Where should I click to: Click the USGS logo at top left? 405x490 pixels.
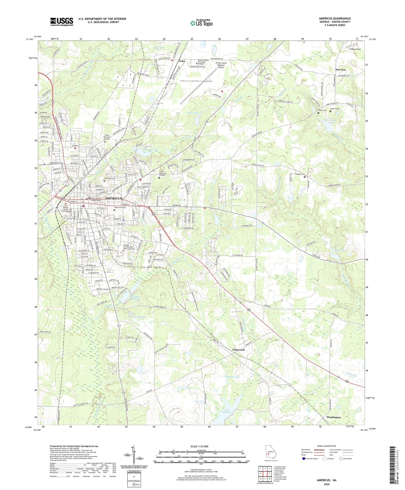click(x=62, y=22)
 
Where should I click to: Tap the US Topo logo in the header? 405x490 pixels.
click(x=201, y=23)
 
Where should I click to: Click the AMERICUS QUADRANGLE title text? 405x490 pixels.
click(x=335, y=19)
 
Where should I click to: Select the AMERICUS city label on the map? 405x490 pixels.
click(x=114, y=198)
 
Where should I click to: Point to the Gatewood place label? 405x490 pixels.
click(x=239, y=350)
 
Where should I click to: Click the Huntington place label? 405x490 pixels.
click(x=334, y=417)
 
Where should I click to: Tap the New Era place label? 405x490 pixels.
click(x=341, y=69)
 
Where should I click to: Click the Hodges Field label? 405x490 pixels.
click(x=355, y=49)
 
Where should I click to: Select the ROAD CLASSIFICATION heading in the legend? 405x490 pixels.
click(x=327, y=446)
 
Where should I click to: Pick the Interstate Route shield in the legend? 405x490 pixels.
click(x=304, y=459)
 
